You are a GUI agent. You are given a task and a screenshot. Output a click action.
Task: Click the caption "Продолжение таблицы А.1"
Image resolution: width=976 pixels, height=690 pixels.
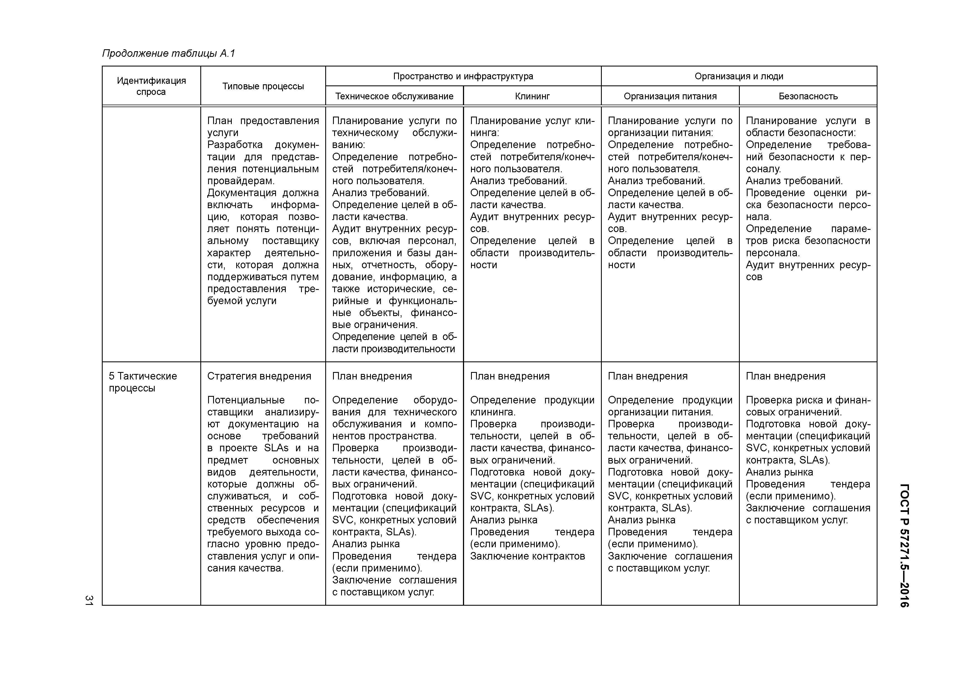tap(168, 54)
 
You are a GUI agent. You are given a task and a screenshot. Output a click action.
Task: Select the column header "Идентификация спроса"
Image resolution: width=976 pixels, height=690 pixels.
tap(151, 86)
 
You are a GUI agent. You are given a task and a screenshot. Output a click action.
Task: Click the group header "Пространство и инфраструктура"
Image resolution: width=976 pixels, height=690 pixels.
tap(463, 77)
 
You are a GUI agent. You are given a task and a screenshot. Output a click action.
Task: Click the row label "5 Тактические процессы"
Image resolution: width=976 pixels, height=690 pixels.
tap(143, 382)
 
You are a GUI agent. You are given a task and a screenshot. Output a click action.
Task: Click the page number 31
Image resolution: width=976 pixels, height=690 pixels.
tap(89, 600)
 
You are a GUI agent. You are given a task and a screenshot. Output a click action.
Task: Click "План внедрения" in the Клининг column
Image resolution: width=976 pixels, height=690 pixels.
tap(510, 376)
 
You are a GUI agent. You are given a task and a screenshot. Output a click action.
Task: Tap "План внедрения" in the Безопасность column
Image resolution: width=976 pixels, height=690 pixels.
tap(786, 376)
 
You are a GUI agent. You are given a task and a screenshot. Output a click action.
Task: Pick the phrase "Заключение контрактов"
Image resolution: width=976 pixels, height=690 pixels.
tap(528, 556)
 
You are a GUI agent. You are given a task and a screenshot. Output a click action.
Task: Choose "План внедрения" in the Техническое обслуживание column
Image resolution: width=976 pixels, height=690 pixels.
tap(372, 376)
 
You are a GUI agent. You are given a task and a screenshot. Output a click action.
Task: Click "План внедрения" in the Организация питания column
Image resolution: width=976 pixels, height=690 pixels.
tap(647, 376)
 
